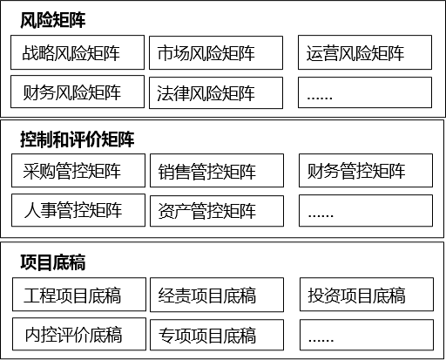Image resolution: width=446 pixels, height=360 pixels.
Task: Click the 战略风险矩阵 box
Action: click(78, 52)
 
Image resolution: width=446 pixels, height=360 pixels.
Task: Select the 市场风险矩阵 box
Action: click(216, 53)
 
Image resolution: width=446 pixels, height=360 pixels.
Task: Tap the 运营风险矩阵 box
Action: click(365, 52)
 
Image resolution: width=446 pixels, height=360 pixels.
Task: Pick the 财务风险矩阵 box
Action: click(78, 92)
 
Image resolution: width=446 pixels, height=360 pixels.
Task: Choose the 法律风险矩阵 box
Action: click(216, 93)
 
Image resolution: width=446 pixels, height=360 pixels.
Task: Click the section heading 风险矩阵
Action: click(53, 20)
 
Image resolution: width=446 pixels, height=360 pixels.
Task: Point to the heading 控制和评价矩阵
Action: click(78, 139)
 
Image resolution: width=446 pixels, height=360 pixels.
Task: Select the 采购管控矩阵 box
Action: click(78, 171)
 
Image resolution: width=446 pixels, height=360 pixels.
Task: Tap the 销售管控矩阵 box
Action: click(217, 171)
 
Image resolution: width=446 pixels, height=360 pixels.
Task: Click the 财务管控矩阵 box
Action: click(366, 171)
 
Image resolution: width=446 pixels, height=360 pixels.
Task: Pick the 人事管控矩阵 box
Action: click(78, 210)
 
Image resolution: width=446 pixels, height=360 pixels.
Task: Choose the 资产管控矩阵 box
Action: click(217, 211)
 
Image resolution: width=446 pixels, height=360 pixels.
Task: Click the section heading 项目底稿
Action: click(53, 262)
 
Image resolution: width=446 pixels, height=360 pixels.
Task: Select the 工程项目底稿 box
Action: click(79, 295)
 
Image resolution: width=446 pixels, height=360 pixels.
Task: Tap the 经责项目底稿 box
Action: click(217, 295)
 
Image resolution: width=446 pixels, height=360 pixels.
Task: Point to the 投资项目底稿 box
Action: click(367, 295)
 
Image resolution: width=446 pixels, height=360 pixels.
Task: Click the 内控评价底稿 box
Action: click(79, 334)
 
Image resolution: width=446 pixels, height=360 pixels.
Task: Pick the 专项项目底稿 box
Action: click(217, 335)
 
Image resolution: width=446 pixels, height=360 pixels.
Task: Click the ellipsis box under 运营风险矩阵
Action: click(365, 92)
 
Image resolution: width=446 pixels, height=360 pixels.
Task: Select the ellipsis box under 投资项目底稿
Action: click(367, 335)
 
